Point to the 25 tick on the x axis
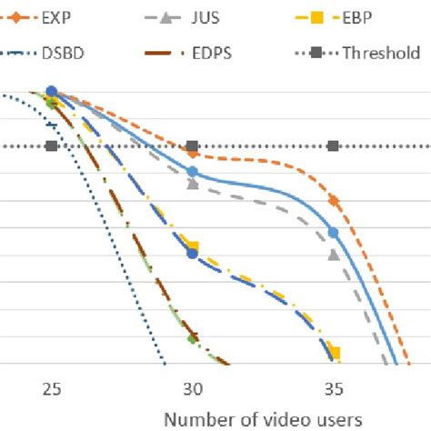52,387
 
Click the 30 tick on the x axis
192,387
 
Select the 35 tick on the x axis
333,387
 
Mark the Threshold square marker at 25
52,145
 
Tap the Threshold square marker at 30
192,145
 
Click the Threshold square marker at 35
333,145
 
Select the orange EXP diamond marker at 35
334,200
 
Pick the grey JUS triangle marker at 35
333,254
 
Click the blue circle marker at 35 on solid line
333,233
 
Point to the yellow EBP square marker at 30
192,246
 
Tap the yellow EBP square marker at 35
334,353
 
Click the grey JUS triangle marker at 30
192,183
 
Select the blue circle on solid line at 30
192,171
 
